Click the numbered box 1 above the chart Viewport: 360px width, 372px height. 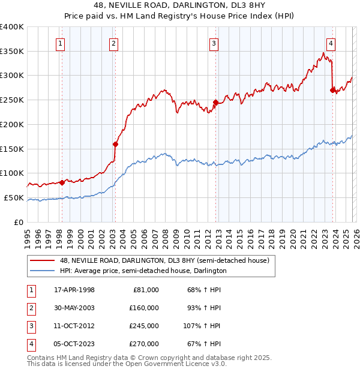click(62, 43)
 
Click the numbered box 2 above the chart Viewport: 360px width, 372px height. click(114, 43)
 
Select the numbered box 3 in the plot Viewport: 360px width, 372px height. click(214, 43)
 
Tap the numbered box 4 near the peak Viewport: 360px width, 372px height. click(331, 43)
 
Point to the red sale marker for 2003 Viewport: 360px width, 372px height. click(116, 144)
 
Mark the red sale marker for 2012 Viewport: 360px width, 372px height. click(215, 103)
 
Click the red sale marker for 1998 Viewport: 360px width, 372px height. click(62, 182)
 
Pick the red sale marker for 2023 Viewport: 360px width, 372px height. click(332, 90)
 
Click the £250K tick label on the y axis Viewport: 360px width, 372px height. click(12, 100)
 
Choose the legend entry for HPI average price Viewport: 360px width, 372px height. click(143, 271)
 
